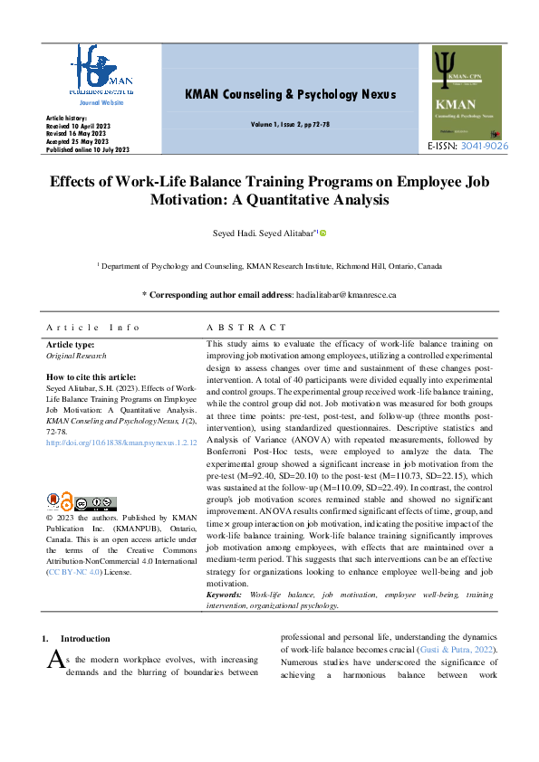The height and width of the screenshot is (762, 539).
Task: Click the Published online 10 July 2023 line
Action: (x=89, y=149)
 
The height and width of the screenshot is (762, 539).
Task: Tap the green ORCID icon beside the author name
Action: (x=323, y=233)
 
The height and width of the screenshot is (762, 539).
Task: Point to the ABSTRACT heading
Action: (x=246, y=327)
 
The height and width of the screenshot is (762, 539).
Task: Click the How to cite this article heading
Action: (x=90, y=376)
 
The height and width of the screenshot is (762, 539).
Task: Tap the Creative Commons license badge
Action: (x=95, y=502)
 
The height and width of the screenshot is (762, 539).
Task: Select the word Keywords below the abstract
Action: (x=224, y=595)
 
